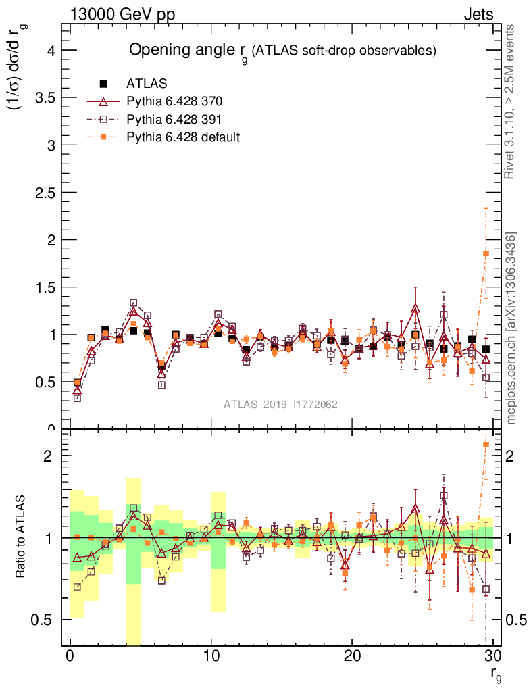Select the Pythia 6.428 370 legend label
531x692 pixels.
point(174,102)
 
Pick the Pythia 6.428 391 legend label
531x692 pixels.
point(174,120)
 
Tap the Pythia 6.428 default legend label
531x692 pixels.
point(183,137)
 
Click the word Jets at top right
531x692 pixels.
point(478,14)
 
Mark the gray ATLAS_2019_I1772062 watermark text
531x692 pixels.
point(280,404)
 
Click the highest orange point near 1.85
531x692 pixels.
point(486,253)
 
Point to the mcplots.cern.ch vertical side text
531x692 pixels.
point(511,328)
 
